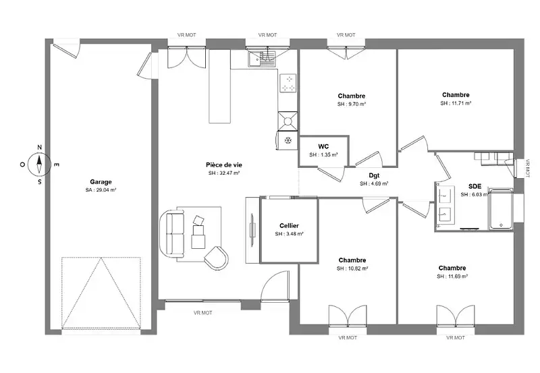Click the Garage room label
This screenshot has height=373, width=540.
click(x=101, y=181)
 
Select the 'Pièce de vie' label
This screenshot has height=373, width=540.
click(x=224, y=165)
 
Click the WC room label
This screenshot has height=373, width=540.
click(x=323, y=146)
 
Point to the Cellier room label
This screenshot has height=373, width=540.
click(x=289, y=226)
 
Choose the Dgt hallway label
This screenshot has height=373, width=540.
click(x=374, y=175)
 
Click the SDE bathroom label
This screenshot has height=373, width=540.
click(x=475, y=186)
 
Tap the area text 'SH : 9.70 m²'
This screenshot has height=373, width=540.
click(x=351, y=104)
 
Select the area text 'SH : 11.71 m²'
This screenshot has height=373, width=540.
click(x=456, y=103)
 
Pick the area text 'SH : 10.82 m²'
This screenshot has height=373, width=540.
click(x=352, y=268)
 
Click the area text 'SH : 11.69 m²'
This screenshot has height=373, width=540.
click(x=452, y=277)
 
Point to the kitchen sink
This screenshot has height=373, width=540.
click(x=261, y=58)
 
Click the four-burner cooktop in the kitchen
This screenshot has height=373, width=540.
click(x=288, y=83)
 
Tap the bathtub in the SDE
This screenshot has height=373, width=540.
click(x=501, y=209)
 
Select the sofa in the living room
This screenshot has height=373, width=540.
click(x=172, y=233)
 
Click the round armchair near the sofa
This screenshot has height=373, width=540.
click(x=217, y=258)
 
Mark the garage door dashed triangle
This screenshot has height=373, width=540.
click(x=101, y=293)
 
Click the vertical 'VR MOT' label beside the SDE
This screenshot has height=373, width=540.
click(x=528, y=168)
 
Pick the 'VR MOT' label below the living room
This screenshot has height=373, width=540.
click(x=202, y=313)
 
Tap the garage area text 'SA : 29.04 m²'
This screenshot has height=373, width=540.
click(x=101, y=190)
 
